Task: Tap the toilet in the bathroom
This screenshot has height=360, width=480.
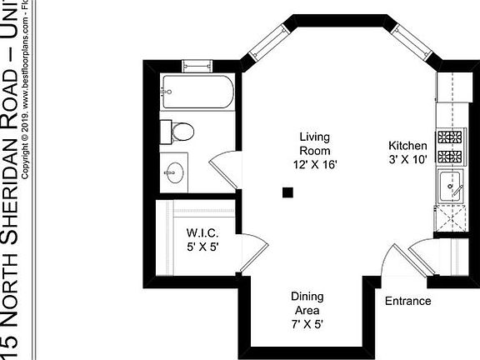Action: pos(181,131)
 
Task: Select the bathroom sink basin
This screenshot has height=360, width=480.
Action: pos(175,173)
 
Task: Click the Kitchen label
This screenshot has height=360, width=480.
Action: pos(407,145)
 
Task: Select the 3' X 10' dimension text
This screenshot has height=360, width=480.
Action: pos(407,159)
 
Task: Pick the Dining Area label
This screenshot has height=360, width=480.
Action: pos(307,302)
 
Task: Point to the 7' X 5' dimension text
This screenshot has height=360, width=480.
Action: pos(307,324)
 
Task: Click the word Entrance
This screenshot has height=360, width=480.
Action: pos(407,301)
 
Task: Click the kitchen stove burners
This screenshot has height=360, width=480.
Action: pos(450,146)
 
